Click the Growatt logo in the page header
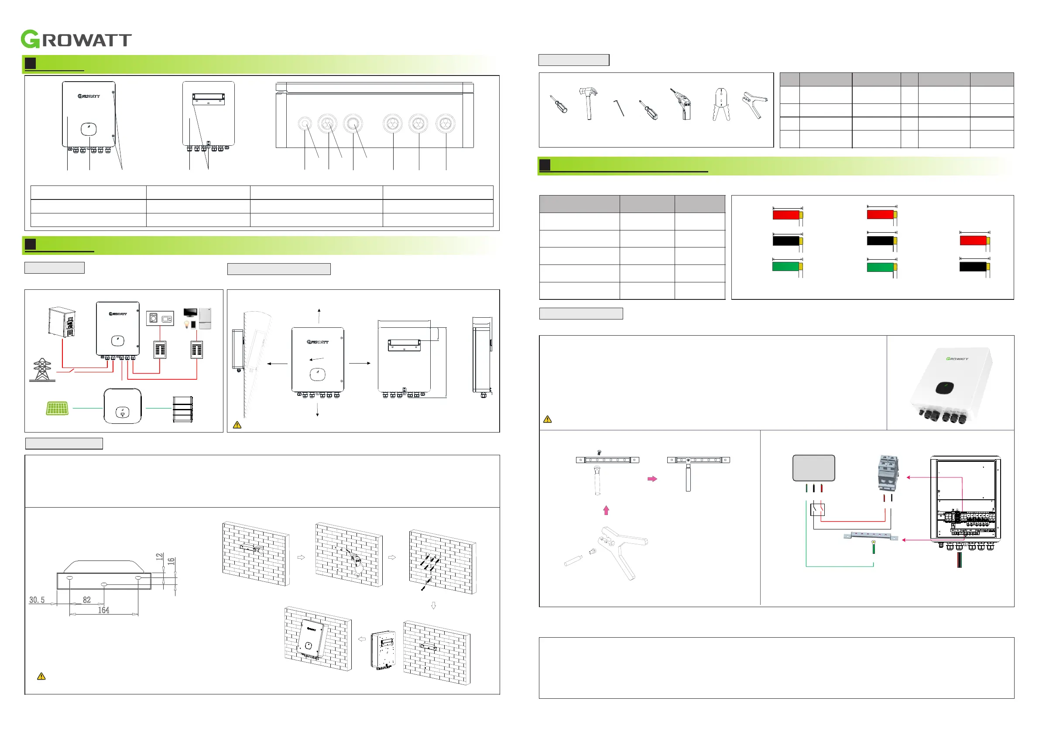76,39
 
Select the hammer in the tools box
588,103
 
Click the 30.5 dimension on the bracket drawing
37,600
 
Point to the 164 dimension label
103,611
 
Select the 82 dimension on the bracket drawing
87,600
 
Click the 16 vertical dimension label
171,561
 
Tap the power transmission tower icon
42,370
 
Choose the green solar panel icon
58,408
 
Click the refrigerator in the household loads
205,318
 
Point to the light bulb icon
186,324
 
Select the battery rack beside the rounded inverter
183,409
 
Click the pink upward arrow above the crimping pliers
607,511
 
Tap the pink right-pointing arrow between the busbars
652,479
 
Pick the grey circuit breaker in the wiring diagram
888,474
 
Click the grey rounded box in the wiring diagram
814,468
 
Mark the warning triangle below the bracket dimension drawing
41,677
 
